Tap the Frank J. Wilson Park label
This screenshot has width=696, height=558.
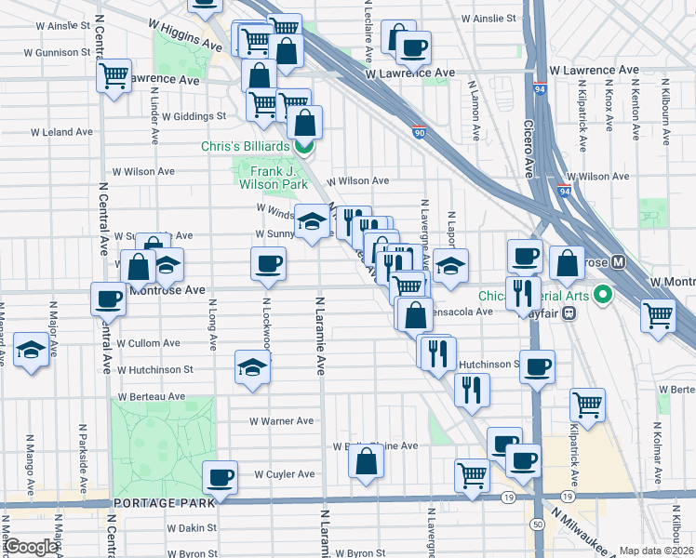click(274, 178)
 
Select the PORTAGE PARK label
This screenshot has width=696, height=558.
click(163, 503)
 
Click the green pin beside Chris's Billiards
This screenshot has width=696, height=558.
click(303, 146)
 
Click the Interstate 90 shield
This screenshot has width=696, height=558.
click(419, 132)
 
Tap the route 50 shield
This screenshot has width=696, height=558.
click(538, 525)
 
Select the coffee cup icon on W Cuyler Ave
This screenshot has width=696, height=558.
click(221, 478)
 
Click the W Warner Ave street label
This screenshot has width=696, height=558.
click(281, 420)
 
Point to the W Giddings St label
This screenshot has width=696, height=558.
click(194, 116)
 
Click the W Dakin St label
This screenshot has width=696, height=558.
click(193, 527)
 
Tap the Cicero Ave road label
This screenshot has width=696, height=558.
click(528, 149)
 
